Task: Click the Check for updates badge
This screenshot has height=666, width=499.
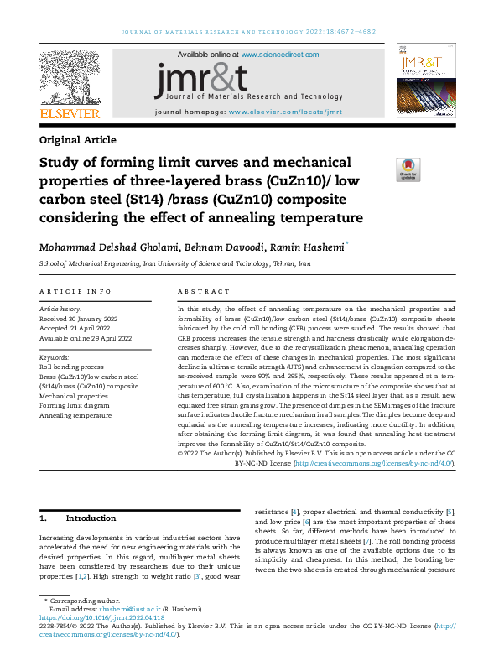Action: click(x=408, y=169)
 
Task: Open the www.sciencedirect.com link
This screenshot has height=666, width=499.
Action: click(x=280, y=55)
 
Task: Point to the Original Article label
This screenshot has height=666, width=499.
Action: click(x=78, y=140)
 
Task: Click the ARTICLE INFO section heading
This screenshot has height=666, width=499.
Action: click(x=75, y=292)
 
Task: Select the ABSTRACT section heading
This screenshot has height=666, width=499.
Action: click(x=203, y=292)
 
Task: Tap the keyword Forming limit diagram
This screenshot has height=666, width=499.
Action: click(x=75, y=405)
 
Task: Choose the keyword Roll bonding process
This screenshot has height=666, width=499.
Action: click(x=72, y=367)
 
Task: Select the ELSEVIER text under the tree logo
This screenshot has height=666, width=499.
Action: click(x=70, y=114)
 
